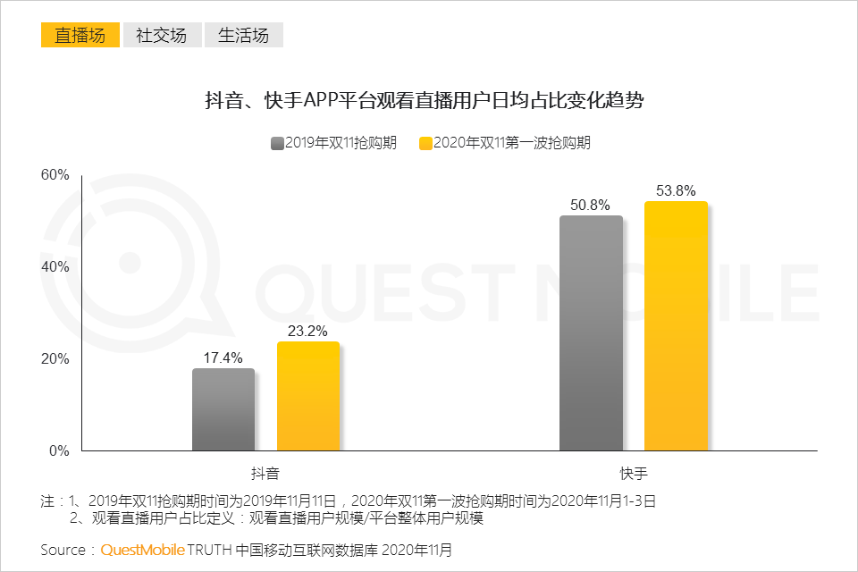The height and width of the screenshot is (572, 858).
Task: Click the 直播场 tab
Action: click(80, 35)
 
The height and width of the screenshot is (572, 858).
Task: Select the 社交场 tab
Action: click(162, 35)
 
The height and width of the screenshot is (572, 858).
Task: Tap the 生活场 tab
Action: click(243, 35)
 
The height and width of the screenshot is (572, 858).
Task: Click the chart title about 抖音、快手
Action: click(425, 100)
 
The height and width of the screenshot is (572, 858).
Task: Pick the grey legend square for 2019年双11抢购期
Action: click(277, 143)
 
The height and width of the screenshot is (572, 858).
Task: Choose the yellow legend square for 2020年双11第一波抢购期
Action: click(425, 143)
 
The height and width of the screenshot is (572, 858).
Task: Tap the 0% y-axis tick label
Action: click(59, 450)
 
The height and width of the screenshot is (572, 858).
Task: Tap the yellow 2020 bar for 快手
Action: click(676, 325)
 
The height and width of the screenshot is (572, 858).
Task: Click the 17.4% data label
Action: click(223, 357)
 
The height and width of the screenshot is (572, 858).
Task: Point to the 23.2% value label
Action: click(307, 331)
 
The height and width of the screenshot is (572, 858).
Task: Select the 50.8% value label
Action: click(591, 205)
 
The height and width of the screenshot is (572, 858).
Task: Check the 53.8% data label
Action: click(676, 190)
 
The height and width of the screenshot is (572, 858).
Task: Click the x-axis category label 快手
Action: click(634, 472)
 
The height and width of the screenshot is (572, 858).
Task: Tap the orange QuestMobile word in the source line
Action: click(142, 550)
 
